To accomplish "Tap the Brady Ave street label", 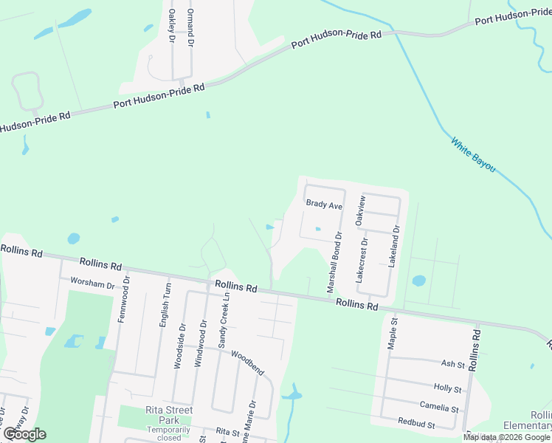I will [x=324, y=205].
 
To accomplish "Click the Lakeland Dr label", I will [x=396, y=246].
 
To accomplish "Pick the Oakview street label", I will [x=360, y=210].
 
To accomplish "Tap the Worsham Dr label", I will [x=92, y=284].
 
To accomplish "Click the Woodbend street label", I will [x=247, y=360].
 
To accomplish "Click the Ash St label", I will [x=452, y=364].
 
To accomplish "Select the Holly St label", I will [x=447, y=388].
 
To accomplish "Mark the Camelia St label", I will [x=439, y=408].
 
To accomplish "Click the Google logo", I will [x=24, y=433].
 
